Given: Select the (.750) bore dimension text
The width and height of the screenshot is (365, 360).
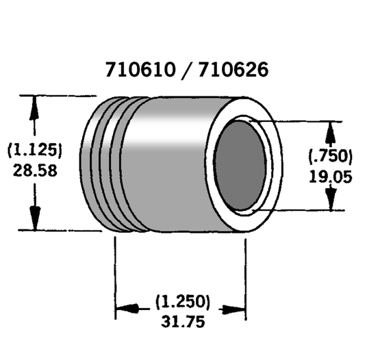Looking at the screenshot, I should [329, 155].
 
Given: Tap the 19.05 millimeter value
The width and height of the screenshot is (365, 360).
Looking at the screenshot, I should [330, 176].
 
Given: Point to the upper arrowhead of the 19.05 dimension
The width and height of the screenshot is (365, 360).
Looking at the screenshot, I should [331, 131].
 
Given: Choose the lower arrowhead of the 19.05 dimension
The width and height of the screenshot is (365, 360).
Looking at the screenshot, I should [331, 199].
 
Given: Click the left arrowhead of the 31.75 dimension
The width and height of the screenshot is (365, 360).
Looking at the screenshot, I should [125, 311].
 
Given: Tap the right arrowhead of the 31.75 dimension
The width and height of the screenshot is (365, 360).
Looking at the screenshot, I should [236, 311].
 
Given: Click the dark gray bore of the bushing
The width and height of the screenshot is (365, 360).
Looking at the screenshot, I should [240, 166].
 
